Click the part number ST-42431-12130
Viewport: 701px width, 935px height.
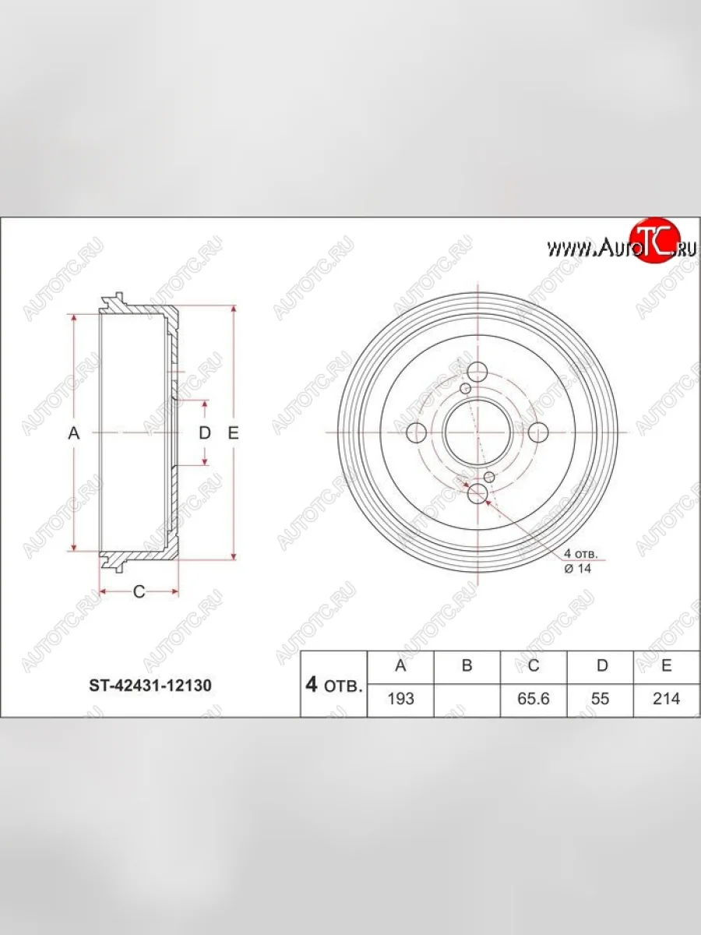pos(147,686)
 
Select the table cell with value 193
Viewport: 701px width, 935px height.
pos(400,699)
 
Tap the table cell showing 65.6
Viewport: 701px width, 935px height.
pos(534,699)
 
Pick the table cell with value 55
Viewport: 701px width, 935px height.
pos(600,699)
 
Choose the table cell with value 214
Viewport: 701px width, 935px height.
pos(667,699)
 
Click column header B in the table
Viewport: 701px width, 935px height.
pos(467,665)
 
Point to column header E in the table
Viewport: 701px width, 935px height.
pos(667,665)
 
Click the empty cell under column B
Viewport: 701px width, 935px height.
pos(467,699)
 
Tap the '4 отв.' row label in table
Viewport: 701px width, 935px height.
pos(333,685)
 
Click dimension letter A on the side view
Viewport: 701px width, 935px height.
pos(74,433)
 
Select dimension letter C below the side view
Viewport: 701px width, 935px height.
pos(139,591)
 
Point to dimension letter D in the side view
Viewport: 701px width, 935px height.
pos(204,433)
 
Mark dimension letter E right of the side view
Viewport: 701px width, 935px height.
pos(233,433)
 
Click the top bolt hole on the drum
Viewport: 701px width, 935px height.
pos(477,372)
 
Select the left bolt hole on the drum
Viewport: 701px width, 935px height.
pos(417,432)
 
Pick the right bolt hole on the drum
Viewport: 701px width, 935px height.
pos(537,432)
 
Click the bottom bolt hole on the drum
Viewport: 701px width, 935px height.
pos(477,492)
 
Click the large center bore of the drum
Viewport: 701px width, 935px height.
pos(477,432)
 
